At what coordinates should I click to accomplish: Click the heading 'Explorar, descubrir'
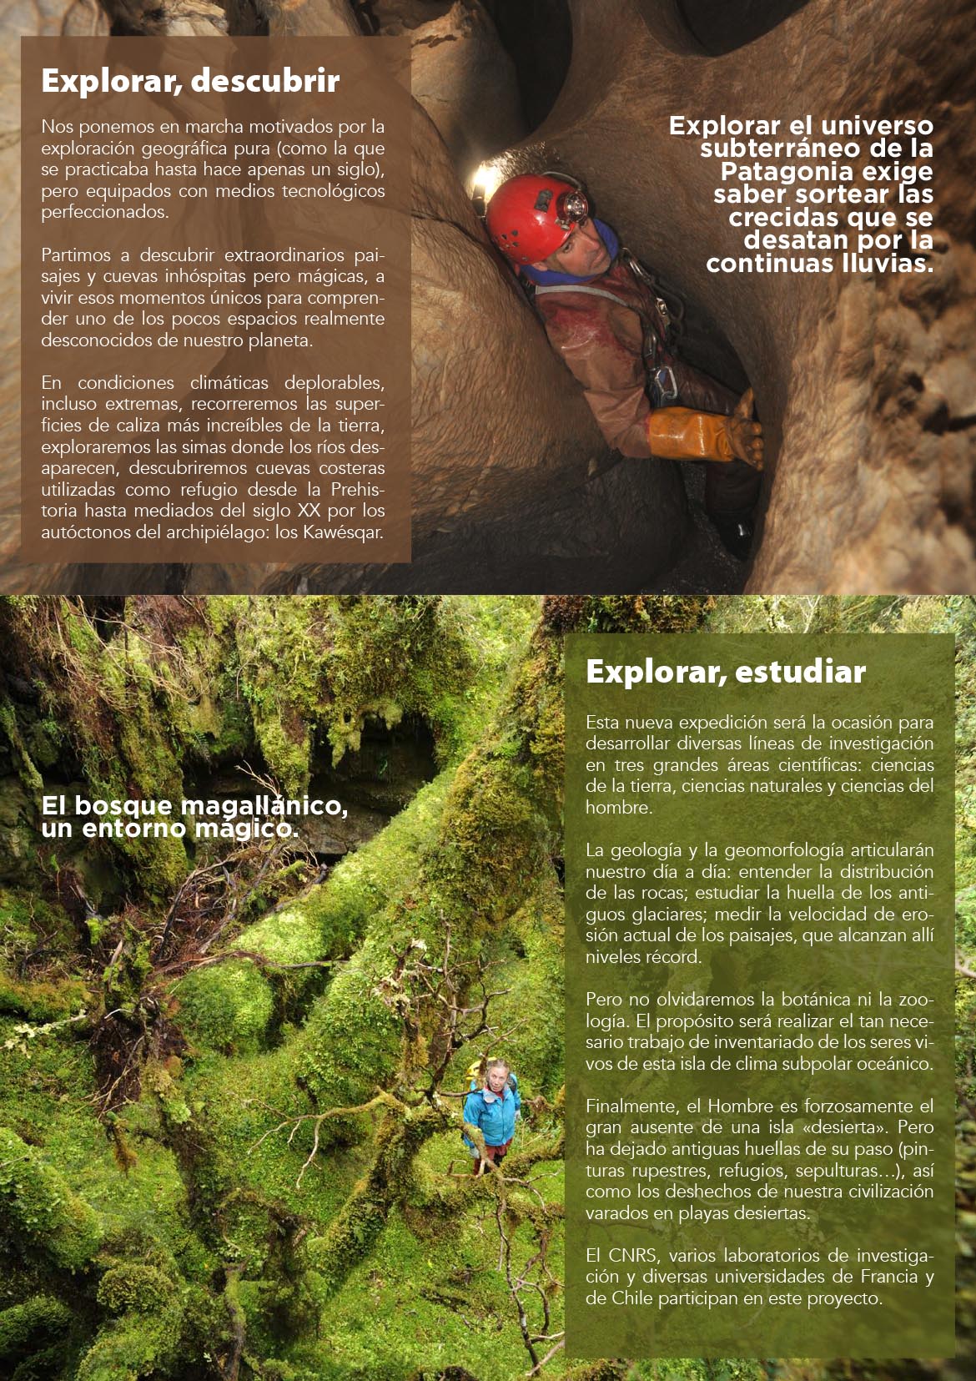[x=190, y=82]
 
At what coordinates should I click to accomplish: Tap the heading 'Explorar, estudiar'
[x=725, y=672]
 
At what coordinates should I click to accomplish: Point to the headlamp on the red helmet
[x=574, y=204]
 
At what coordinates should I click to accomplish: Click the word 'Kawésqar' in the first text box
[x=346, y=532]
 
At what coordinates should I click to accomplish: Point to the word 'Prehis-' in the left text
[x=358, y=490]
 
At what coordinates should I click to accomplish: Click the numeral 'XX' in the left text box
[x=308, y=511]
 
